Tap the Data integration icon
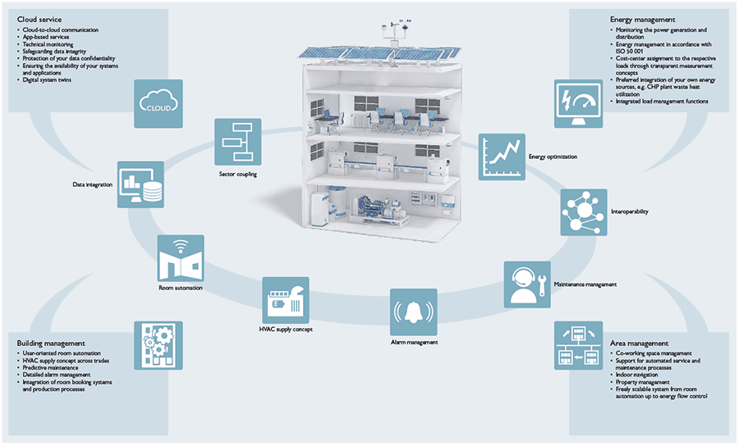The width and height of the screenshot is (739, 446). pyautogui.click(x=140, y=184)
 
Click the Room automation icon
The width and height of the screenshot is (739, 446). pyautogui.click(x=181, y=259)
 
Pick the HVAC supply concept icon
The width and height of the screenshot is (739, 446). pyautogui.click(x=285, y=300)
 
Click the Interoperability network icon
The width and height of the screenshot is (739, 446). pyautogui.click(x=584, y=212)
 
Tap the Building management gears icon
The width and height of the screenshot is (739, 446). pyautogui.click(x=158, y=344)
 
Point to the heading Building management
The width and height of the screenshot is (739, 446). pyautogui.click(x=51, y=343)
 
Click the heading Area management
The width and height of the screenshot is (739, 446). pyautogui.click(x=639, y=343)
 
